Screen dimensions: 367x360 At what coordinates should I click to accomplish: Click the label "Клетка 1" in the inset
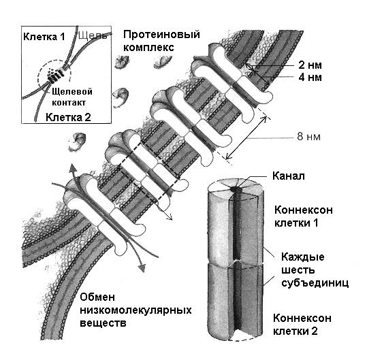click(x=44, y=37)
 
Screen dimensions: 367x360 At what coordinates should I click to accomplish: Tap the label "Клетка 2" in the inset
click(x=68, y=117)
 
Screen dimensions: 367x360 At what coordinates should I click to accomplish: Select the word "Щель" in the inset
click(x=93, y=35)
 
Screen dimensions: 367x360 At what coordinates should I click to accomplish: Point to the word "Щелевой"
click(x=72, y=91)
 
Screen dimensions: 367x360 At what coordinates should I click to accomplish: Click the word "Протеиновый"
click(x=161, y=35)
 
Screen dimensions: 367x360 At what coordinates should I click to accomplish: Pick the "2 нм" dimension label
click(x=310, y=65)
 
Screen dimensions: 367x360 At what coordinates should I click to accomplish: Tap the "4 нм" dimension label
click(x=310, y=77)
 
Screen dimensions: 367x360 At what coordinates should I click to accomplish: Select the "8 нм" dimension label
click(x=308, y=136)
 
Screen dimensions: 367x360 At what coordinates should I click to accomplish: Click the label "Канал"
click(x=289, y=176)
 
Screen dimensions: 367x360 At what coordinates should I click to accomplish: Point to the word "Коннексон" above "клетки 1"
click(x=304, y=210)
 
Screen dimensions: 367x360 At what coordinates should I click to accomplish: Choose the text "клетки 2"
click(x=296, y=331)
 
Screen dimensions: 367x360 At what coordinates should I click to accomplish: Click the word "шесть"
click(x=298, y=270)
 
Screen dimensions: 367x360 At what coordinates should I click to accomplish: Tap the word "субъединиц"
click(x=315, y=283)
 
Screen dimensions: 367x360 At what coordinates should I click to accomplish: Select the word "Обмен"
click(x=97, y=297)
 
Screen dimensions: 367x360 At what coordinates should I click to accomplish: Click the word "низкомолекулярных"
click(x=135, y=310)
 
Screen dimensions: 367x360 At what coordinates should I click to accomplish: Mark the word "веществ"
click(x=103, y=323)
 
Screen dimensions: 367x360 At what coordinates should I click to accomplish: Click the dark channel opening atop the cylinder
click(x=235, y=189)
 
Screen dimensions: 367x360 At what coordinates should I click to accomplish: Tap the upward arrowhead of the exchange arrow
click(x=74, y=168)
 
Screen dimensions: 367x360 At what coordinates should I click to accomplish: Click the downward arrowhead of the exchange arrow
click(x=142, y=267)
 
